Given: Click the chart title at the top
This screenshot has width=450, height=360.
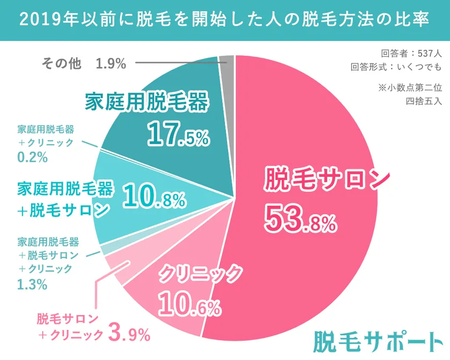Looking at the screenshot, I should point(225,20).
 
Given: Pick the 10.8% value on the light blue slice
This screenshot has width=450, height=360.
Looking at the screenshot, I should point(154,198).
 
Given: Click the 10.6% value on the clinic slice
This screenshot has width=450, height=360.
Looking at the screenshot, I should point(189,306).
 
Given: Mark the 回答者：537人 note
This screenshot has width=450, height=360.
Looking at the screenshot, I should point(411,54).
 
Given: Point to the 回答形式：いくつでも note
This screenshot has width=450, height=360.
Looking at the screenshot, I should point(396,67).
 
